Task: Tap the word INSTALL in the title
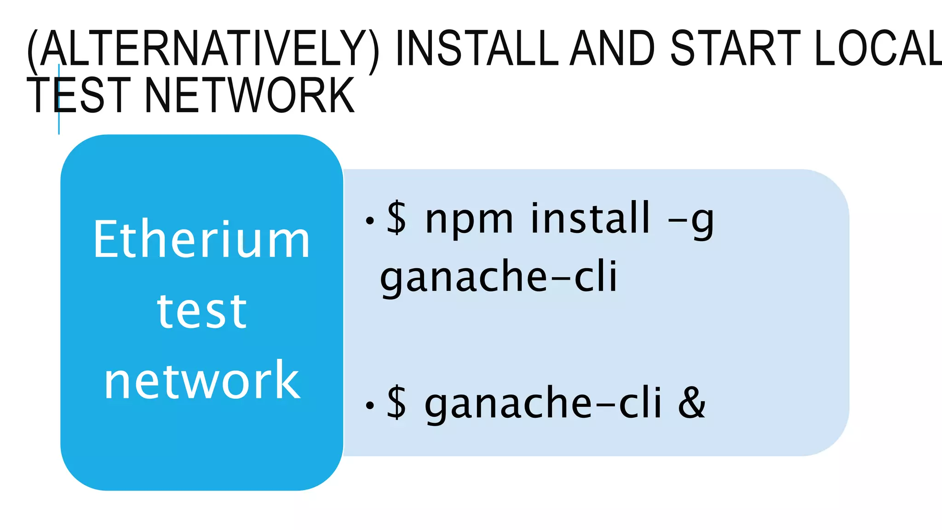[x=477, y=48]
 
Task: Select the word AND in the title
[x=612, y=48]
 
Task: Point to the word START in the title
[x=735, y=48]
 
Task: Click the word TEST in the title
[x=78, y=95]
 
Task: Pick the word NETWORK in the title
[x=249, y=95]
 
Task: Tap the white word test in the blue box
[x=201, y=311]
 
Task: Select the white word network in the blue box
[x=201, y=381]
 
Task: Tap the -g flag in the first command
[x=691, y=220]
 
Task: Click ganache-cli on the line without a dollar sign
[x=498, y=277]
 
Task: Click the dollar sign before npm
[x=396, y=218]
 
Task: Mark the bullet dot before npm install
[x=369, y=221]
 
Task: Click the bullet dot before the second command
[x=369, y=406]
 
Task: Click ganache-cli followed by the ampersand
[x=543, y=403]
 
